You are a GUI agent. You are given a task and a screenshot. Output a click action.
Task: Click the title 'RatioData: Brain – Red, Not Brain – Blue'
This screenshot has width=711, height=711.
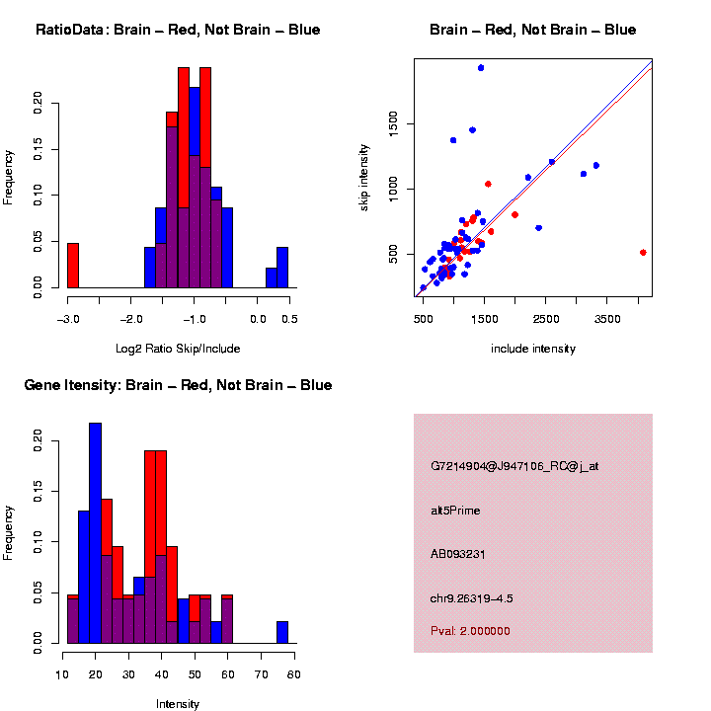point(178,30)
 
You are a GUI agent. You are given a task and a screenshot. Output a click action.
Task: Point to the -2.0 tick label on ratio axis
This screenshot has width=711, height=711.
point(131,319)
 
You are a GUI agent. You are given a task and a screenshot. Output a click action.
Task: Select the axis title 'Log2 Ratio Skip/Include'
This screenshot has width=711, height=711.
point(178,349)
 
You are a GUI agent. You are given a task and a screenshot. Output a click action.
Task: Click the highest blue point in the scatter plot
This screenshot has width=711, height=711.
point(480,68)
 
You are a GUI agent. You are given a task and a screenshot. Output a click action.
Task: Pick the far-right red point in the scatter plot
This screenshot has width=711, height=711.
point(643,253)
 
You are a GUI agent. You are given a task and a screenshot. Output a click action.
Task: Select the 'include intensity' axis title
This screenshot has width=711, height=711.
point(533,349)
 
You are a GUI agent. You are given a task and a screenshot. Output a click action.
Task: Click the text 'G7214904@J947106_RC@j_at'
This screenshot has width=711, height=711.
point(514,466)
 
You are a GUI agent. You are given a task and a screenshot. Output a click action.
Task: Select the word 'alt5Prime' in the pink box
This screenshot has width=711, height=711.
point(455,511)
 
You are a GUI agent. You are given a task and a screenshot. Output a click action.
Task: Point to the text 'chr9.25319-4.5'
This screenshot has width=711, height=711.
point(472,598)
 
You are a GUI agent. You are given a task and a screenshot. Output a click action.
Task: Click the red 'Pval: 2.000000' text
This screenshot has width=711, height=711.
point(470,631)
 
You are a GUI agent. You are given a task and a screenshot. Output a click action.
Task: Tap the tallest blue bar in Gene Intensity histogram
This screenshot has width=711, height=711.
point(95,533)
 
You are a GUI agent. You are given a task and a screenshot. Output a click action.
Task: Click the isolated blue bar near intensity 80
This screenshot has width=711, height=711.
point(282,632)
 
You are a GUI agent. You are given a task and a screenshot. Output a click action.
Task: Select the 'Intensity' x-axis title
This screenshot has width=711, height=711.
point(178,704)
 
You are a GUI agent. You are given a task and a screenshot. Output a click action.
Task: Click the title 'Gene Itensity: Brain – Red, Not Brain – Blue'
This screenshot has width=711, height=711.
point(178,385)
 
